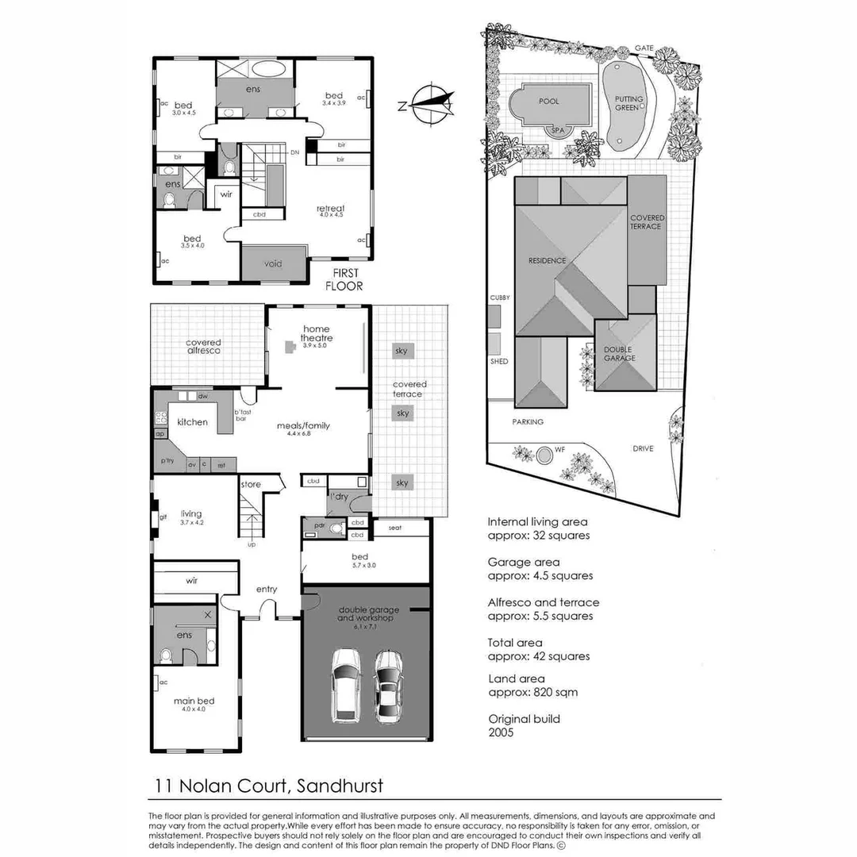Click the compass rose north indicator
428,104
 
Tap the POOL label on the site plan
548,102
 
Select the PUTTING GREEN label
629,104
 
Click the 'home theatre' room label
317,333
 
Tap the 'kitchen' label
192,422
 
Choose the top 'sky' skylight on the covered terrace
402,350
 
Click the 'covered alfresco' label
203,346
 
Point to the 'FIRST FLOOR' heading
344,280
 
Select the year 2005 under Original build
501,732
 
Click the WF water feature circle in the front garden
544,455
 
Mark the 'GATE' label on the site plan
644,48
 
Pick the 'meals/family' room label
304,425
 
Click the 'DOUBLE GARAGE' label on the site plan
619,354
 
